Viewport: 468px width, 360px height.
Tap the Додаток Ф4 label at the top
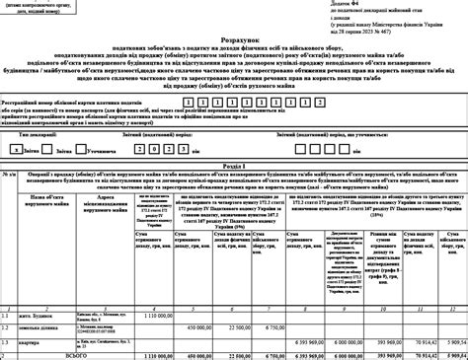303,4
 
